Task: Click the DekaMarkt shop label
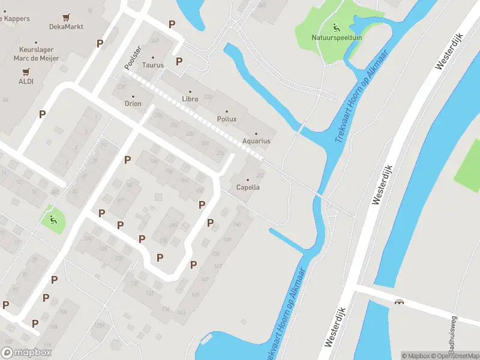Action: (66, 26)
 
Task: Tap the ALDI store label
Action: (26, 81)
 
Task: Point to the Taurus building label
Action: (153, 65)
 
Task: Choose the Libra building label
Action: (190, 99)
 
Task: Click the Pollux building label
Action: (227, 119)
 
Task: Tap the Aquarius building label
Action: (256, 141)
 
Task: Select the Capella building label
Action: (248, 187)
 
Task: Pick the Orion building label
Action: (133, 104)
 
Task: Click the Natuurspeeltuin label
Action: (337, 37)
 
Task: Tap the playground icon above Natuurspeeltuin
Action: (335, 27)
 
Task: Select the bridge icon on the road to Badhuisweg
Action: (399, 301)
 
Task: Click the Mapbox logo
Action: (26, 353)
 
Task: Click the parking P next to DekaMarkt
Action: (100, 43)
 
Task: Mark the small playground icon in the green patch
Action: (53, 219)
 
